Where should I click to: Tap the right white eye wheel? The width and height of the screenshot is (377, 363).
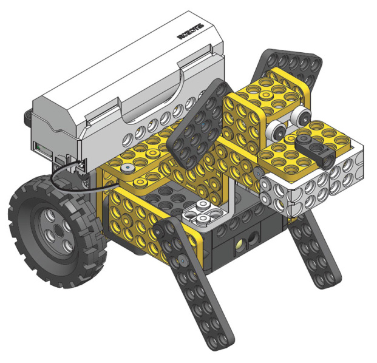point(299,115)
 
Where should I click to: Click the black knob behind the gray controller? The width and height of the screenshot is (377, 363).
point(27,114)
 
